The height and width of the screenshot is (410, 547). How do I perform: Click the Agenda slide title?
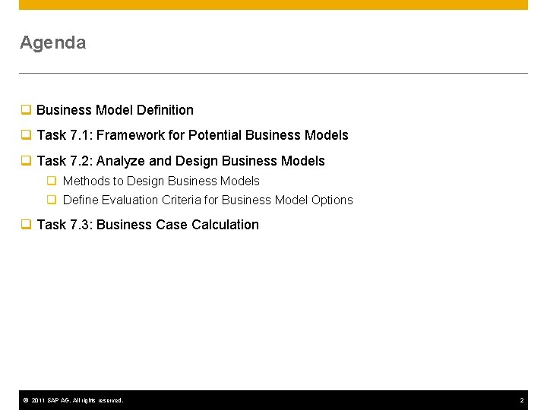coord(52,43)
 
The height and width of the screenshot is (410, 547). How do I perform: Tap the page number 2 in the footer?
coord(522,400)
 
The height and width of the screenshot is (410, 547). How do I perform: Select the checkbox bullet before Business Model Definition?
coord(25,110)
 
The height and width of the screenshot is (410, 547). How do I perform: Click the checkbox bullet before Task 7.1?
coord(25,135)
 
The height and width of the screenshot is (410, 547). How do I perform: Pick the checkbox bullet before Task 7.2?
coord(25,161)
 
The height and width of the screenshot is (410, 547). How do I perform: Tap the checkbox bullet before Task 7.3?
coord(25,225)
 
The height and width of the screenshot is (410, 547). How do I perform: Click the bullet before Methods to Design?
coord(52,181)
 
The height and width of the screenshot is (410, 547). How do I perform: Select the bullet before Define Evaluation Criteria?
coord(52,200)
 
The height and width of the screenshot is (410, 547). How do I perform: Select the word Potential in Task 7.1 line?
coord(215,135)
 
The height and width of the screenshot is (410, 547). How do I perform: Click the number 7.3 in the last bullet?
coord(79,225)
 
